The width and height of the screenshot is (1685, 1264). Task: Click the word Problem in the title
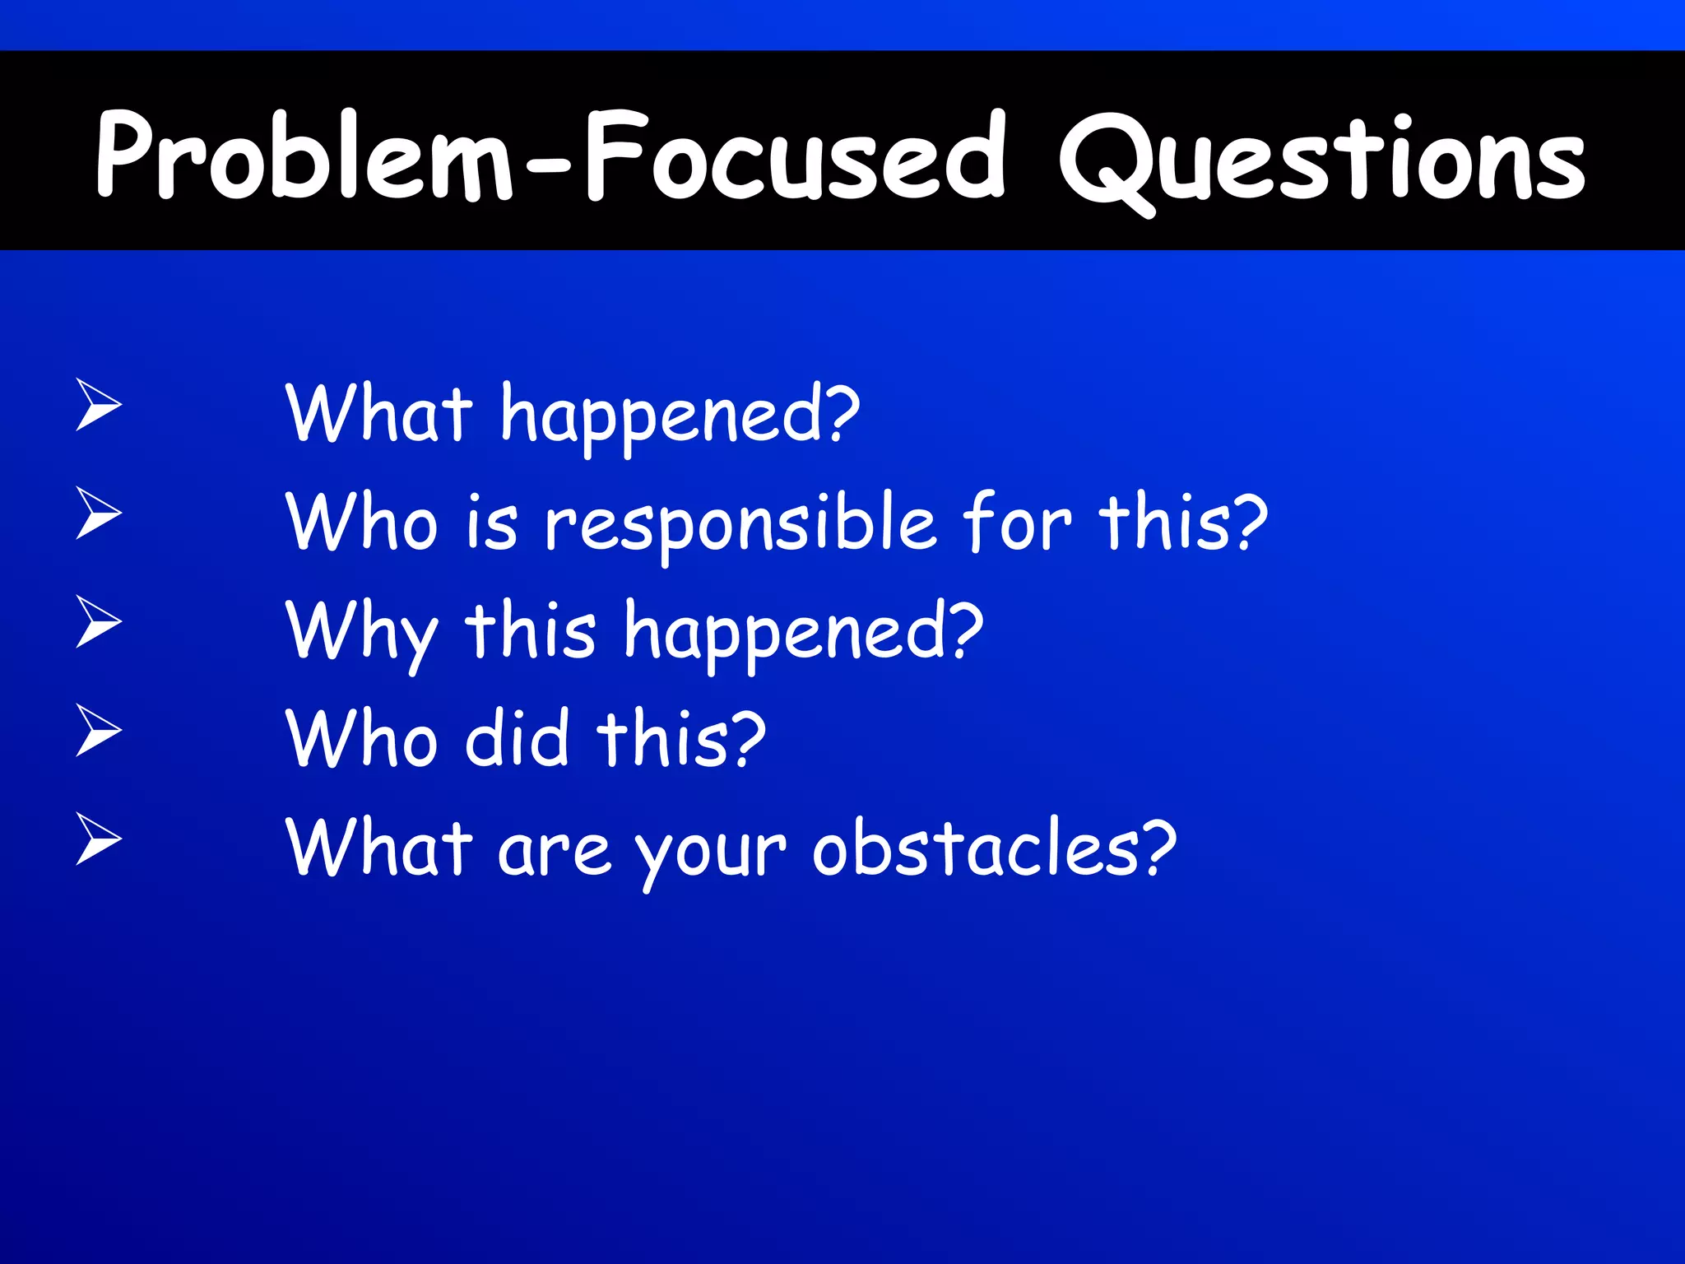pos(304,156)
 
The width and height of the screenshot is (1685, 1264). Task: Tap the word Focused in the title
pos(794,156)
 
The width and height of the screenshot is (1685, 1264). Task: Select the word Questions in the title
pos(1321,160)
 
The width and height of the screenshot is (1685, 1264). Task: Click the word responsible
pos(740,527)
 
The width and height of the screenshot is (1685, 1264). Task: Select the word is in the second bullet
pos(491,524)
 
